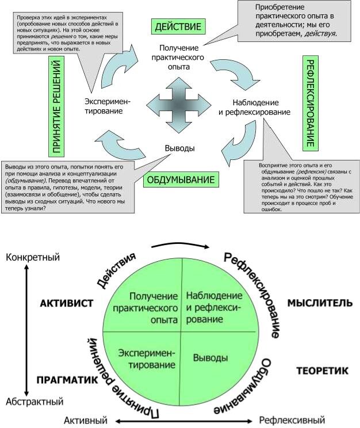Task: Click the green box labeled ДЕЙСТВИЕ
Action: point(178,26)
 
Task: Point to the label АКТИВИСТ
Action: point(67,303)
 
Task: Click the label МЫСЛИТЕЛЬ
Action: point(316,303)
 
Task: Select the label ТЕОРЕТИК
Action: point(322,371)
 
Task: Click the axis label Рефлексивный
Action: point(292,420)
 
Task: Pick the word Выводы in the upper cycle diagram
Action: point(179,148)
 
